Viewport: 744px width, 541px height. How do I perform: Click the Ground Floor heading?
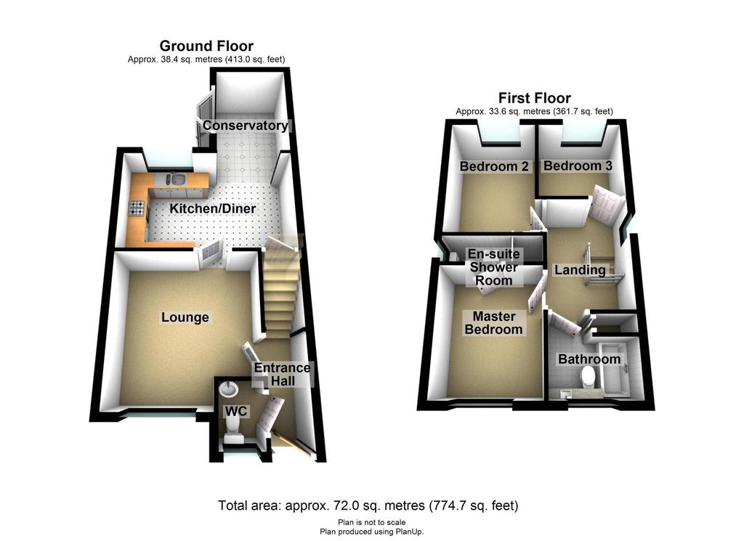(206, 46)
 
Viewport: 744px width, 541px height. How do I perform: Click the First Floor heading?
(534, 98)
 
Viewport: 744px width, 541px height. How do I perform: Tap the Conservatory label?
(246, 126)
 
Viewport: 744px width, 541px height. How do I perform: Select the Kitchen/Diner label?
(213, 208)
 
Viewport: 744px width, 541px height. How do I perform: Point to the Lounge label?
(185, 317)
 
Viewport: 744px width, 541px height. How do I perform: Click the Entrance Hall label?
(283, 374)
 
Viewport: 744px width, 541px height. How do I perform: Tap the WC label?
(236, 411)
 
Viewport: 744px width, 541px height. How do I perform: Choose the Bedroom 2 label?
(494, 166)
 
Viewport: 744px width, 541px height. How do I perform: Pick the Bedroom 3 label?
(578, 166)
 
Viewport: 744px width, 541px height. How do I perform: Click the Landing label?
(580, 270)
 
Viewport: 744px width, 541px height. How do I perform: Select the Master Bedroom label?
(493, 323)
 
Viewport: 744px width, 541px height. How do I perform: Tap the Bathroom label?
(589, 359)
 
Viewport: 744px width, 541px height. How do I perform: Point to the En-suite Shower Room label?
(493, 267)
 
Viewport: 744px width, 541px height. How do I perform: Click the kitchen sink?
(175, 179)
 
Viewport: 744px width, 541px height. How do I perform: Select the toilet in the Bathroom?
(589, 378)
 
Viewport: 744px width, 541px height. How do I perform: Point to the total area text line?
(368, 505)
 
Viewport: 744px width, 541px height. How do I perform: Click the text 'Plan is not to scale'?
(371, 523)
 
